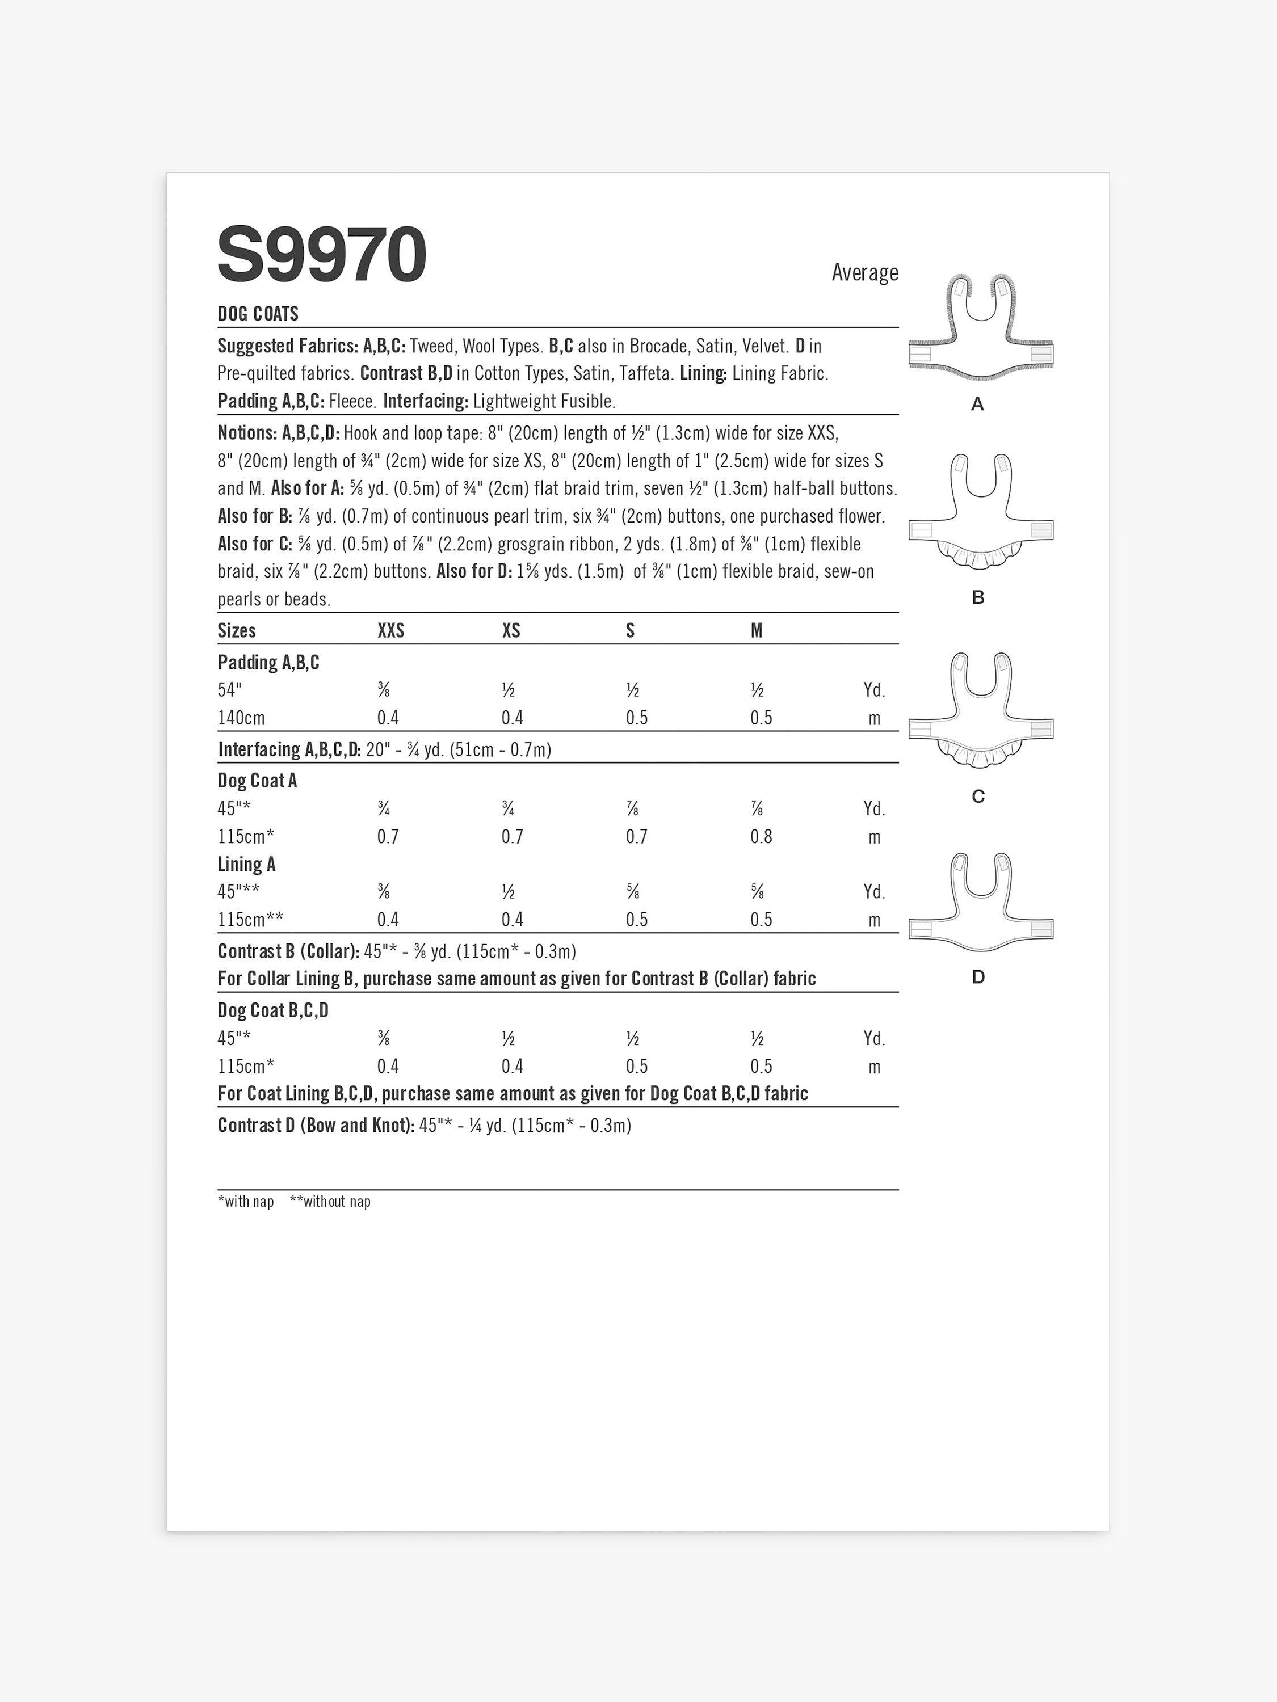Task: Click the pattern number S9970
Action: click(322, 255)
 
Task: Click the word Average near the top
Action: click(864, 272)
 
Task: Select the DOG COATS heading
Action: click(258, 314)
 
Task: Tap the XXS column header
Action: click(390, 631)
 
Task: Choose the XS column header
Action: click(511, 631)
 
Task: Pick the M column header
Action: click(757, 631)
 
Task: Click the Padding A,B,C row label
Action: click(268, 663)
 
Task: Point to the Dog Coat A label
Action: click(257, 781)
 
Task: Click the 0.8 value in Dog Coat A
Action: click(761, 836)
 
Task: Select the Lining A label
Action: click(246, 865)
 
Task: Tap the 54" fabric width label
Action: click(229, 690)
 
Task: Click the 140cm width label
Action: click(241, 718)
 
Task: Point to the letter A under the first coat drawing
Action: click(977, 404)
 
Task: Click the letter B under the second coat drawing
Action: click(978, 597)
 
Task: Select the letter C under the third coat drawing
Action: click(978, 797)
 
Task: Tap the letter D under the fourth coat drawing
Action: click(978, 977)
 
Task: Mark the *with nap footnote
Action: click(246, 1202)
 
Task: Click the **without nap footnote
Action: click(330, 1202)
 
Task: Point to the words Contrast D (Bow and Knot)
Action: click(316, 1126)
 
